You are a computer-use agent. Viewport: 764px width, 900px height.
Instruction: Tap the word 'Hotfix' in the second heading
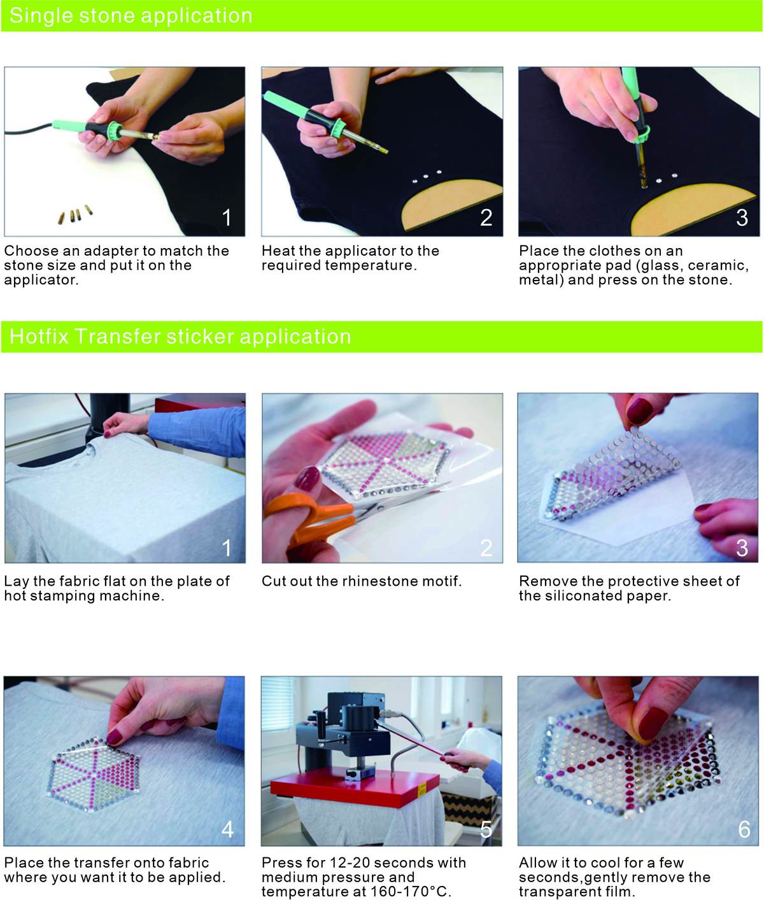[x=39, y=336]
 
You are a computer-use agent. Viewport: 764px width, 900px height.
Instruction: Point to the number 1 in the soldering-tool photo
[x=227, y=218]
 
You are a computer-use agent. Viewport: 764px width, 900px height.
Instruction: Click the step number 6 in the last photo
[x=744, y=829]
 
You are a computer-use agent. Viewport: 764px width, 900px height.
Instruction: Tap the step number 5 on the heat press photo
[x=486, y=829]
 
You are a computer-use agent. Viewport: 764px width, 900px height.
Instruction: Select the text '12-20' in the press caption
[x=348, y=862]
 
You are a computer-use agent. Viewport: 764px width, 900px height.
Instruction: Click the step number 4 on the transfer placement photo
[x=227, y=829]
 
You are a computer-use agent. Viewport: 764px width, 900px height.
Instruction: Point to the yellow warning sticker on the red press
[x=422, y=789]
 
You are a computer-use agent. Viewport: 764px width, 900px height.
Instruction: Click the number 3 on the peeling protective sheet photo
[x=742, y=548]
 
